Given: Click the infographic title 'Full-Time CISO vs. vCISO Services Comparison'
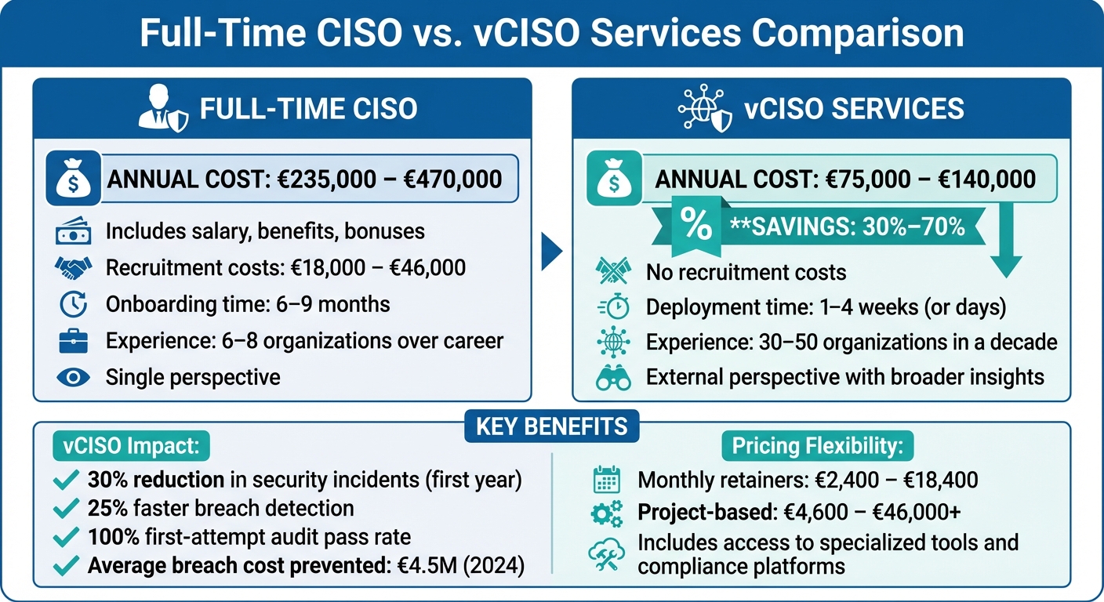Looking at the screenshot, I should tap(551, 34).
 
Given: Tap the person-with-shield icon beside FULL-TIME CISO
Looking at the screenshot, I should tap(162, 109).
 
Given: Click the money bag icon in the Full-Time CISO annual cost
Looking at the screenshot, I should tap(74, 180).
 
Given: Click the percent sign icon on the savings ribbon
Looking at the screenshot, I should tap(696, 225).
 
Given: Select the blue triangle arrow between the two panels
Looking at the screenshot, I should tap(552, 252).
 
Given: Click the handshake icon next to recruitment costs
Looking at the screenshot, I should tap(74, 268).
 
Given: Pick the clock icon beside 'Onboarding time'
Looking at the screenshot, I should tap(74, 304).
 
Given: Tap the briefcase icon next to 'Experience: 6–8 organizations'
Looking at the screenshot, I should tap(74, 341).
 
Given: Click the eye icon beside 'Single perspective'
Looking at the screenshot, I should tap(74, 377).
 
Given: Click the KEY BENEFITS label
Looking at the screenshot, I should tap(551, 426).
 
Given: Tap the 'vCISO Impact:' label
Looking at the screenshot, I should tap(126, 447).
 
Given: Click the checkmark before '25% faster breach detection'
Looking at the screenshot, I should tap(66, 509).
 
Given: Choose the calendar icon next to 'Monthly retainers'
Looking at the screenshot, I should tap(606, 480).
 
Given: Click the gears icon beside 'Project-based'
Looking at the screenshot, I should tap(606, 513).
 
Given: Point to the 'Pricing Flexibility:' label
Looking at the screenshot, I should tap(817, 447).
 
